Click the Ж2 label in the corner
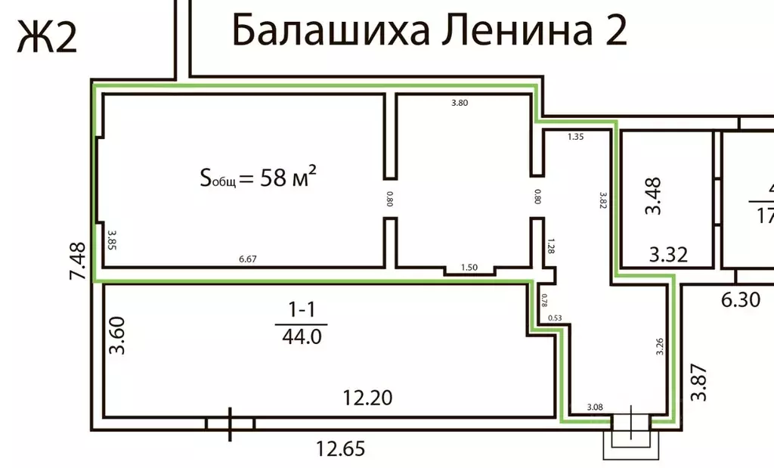click(47, 36)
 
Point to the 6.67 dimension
click(247, 259)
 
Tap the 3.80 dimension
click(460, 104)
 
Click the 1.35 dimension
click(576, 137)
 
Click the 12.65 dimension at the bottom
click(339, 450)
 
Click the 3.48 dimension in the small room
click(654, 196)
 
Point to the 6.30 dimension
click(739, 299)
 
